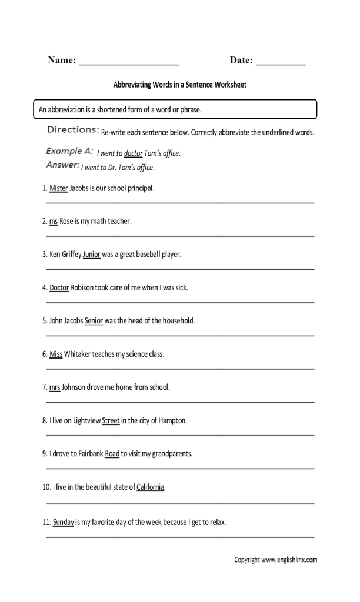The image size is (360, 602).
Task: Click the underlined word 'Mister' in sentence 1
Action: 59,189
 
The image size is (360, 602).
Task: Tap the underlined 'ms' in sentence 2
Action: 54,222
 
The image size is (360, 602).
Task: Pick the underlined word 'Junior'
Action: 92,255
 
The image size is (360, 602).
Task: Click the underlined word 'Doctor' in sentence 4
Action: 59,288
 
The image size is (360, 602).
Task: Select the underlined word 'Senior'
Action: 94,321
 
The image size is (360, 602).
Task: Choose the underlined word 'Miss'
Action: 56,354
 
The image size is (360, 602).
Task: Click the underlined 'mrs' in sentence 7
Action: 55,387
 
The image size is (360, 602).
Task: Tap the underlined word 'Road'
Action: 112,454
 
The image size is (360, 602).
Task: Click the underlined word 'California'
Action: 151,487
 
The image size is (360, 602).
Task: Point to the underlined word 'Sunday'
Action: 63,521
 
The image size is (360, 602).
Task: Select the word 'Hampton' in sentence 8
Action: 172,421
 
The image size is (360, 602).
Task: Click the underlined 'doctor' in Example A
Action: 134,153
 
